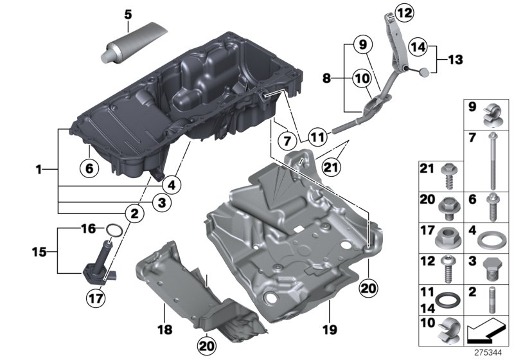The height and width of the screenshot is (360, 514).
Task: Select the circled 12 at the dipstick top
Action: tap(405, 12)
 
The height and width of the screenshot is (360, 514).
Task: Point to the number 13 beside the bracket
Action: tap(455, 60)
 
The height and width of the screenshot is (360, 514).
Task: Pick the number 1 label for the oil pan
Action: tap(39, 170)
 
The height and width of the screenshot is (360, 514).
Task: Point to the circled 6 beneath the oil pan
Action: tap(89, 168)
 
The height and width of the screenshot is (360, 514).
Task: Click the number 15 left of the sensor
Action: tap(39, 252)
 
